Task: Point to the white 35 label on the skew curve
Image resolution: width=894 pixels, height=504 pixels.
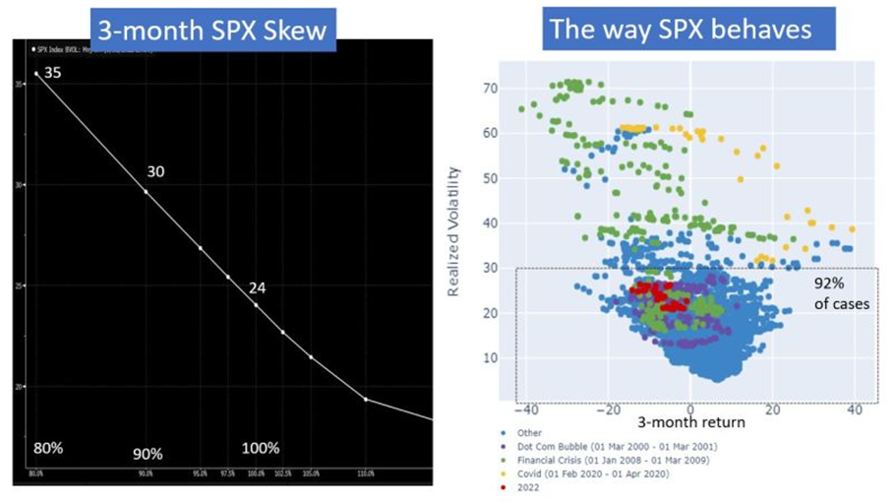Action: tap(53, 73)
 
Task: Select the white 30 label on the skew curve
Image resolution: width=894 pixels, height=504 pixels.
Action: tap(155, 171)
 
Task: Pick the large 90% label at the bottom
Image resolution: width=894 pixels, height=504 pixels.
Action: tap(148, 454)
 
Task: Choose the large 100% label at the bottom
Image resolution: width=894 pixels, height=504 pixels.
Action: tap(260, 448)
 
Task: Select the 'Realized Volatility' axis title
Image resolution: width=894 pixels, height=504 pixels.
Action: tap(454, 232)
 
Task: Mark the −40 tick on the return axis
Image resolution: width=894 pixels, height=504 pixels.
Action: tap(528, 409)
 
